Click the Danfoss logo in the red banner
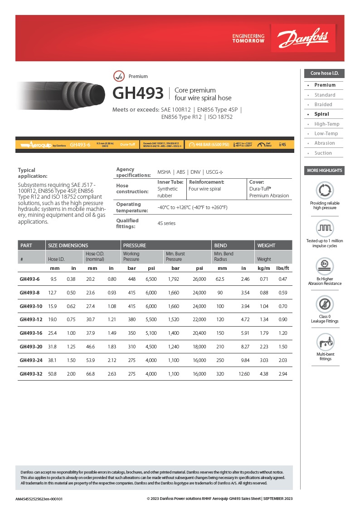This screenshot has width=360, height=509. pos(303,38)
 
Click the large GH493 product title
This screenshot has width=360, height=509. pos(138,93)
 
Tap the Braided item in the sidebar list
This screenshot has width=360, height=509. pos(323,104)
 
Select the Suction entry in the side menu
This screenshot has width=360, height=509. pos(323,153)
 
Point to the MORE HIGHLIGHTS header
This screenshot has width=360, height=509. pos(324,171)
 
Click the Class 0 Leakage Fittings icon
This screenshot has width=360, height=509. pos(324,304)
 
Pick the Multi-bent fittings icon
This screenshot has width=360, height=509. pos(324,342)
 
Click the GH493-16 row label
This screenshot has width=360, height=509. pos(29,333)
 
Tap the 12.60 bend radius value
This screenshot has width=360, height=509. pos(244,374)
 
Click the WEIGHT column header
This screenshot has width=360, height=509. pos(266,245)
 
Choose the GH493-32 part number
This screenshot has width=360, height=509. pos(29,374)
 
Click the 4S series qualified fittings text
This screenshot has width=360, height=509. pos(166,223)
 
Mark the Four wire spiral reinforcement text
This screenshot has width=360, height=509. pos(204,189)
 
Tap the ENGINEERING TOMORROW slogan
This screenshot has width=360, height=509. pos(248,38)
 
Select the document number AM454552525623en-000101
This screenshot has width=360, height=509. pos(39,499)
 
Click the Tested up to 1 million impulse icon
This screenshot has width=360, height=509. pos(324,228)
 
